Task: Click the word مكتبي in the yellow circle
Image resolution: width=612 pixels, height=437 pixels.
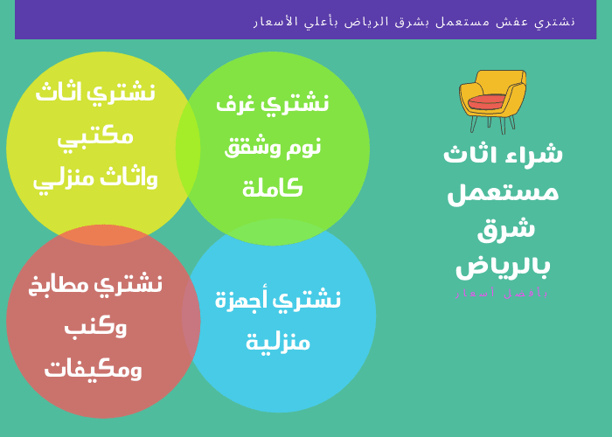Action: [95, 136]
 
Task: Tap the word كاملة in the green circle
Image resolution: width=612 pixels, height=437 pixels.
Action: [272, 187]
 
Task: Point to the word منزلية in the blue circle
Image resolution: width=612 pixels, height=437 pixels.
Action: [278, 342]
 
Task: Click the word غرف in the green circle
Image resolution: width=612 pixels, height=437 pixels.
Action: [235, 103]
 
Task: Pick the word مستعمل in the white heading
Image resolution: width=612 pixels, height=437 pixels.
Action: [503, 191]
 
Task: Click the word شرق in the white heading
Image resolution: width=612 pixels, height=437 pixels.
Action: [505, 228]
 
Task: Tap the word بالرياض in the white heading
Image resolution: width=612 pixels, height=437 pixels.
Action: [503, 265]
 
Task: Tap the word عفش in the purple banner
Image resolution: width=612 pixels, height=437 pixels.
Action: [521, 21]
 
